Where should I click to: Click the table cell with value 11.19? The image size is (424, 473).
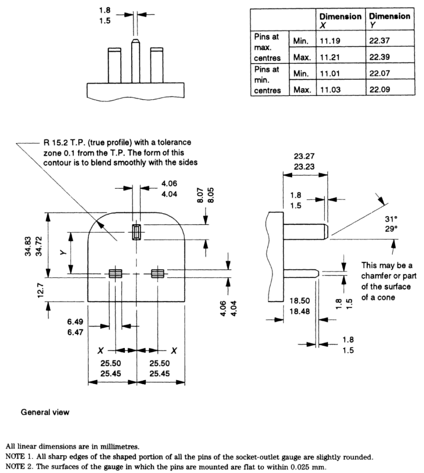[x=330, y=40]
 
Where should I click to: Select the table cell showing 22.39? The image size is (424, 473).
[x=379, y=57]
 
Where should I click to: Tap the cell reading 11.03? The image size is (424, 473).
[x=330, y=90]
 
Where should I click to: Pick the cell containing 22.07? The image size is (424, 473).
[x=379, y=73]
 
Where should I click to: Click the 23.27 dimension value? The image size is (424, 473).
[x=304, y=156]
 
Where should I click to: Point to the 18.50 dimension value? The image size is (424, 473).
[x=300, y=301]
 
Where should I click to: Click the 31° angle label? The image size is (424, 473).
[x=391, y=219]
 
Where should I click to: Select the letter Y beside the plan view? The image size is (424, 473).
[x=63, y=253]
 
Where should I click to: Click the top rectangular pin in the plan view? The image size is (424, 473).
[x=136, y=232]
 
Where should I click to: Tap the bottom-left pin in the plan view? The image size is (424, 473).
[x=115, y=273]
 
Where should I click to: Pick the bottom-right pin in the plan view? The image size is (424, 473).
[x=157, y=273]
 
